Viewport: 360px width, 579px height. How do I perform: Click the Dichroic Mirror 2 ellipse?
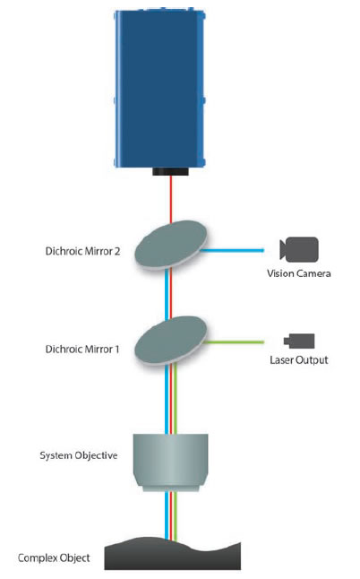(171, 244)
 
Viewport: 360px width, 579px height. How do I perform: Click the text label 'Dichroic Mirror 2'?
(77, 252)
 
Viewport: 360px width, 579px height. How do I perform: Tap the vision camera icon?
(299, 249)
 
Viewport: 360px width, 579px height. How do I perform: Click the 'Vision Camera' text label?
(300, 273)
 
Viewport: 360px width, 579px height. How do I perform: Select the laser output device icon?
(299, 341)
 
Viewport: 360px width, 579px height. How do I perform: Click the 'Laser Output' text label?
(299, 361)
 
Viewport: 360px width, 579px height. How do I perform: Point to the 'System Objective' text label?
(78, 455)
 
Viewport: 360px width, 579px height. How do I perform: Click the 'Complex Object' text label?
(54, 557)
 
